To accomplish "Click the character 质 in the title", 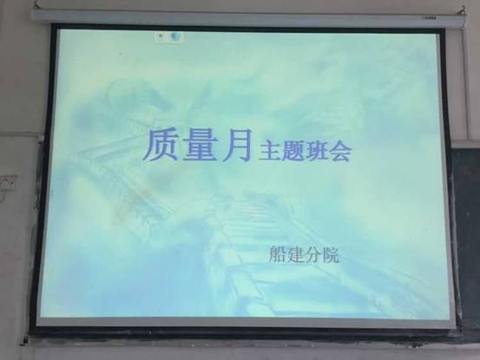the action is click(161, 145).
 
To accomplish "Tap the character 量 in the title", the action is click(201, 145).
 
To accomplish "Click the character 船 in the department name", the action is click(278, 254).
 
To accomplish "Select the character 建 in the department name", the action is click(295, 254).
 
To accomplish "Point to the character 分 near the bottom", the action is click(312, 254).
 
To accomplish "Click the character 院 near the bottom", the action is click(331, 254).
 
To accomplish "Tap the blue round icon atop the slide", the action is click(175, 36).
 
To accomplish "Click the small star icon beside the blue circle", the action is click(161, 36).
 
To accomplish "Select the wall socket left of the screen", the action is click(8, 183).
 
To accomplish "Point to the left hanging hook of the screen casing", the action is click(37, 5).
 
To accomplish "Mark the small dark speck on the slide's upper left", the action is click(121, 54).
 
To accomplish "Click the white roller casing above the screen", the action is click(248, 17).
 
